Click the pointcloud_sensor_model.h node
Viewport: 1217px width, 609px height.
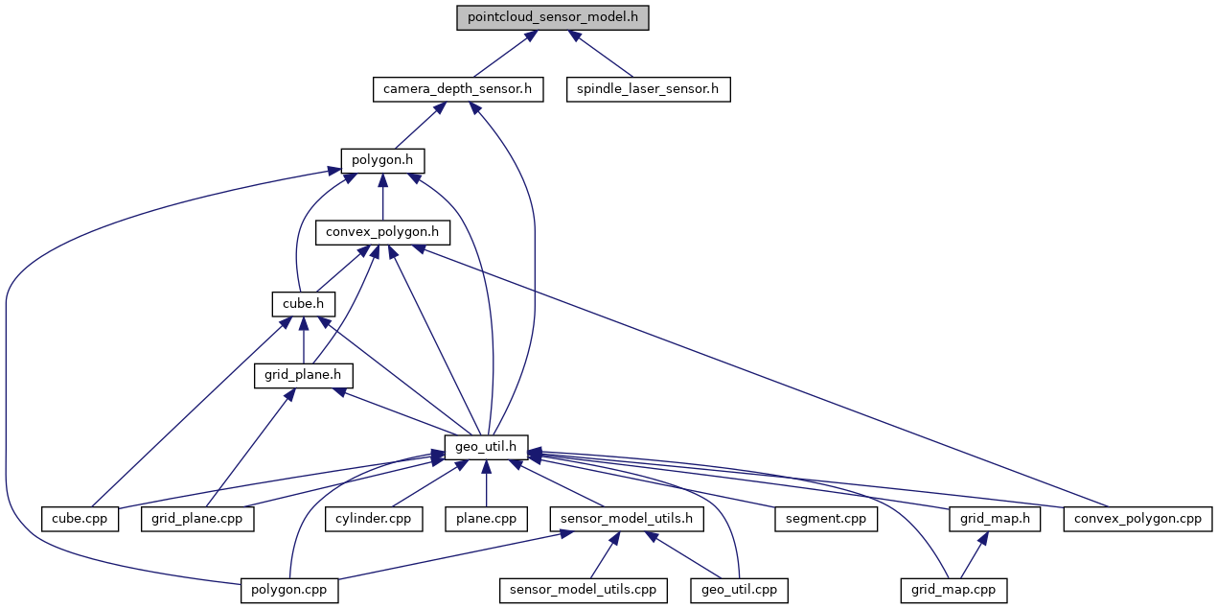coord(553,18)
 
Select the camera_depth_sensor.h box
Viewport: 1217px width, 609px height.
coord(458,90)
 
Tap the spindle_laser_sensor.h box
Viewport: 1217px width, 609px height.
coord(648,90)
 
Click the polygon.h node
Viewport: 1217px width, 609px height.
coord(382,160)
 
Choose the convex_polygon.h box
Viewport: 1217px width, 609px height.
coord(382,232)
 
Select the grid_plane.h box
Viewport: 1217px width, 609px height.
coord(304,375)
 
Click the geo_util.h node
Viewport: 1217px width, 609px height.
coord(486,446)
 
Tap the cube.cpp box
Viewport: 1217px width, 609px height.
coord(80,519)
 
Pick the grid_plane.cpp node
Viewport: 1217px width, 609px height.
coord(198,519)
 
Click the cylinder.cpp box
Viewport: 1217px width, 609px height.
coord(373,519)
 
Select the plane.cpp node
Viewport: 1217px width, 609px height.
coord(486,519)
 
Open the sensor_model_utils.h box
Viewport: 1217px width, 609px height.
coord(627,519)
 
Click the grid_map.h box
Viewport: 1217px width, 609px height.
coord(996,519)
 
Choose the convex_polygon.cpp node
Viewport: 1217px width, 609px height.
coord(1137,519)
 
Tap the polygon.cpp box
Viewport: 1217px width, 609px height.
coord(289,590)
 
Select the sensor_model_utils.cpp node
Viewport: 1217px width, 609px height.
coord(583,590)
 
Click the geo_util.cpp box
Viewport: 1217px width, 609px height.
coord(739,590)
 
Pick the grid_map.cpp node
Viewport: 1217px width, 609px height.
coord(953,590)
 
